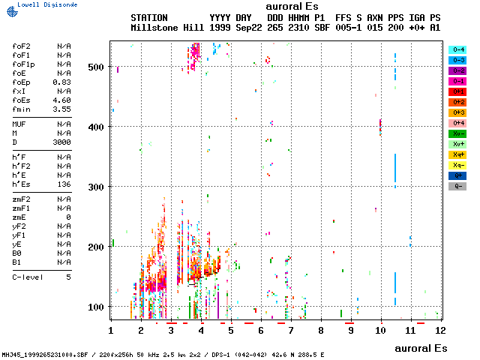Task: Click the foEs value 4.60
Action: coord(61,99)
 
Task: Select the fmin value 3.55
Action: coord(61,108)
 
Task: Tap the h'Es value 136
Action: coord(64,184)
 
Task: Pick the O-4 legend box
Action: coord(457,49)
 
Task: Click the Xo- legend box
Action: coord(457,133)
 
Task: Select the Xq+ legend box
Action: coord(457,154)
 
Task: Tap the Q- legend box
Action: coord(457,186)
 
